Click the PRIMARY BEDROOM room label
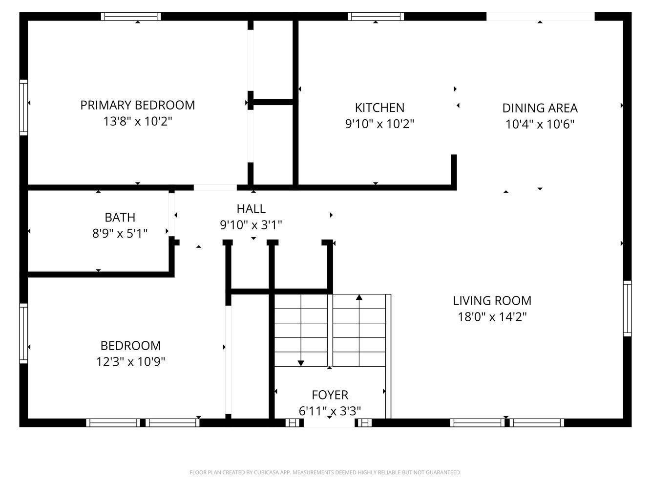[x=137, y=105]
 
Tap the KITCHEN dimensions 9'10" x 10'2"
[x=379, y=124]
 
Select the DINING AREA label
[x=540, y=108]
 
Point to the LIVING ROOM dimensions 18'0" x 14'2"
[x=492, y=317]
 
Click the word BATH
[x=120, y=217]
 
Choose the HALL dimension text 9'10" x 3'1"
[x=251, y=225]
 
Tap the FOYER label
[x=330, y=395]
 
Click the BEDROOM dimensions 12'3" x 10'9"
[x=130, y=362]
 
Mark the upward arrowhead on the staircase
[x=359, y=297]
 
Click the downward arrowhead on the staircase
[x=301, y=363]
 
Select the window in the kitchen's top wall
[x=376, y=16]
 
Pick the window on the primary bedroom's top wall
[x=131, y=16]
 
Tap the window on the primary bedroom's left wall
[x=24, y=108]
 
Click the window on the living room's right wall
[x=627, y=309]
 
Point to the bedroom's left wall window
[x=24, y=333]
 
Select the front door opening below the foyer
[x=329, y=422]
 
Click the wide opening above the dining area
[x=540, y=16]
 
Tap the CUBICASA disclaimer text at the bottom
[x=325, y=472]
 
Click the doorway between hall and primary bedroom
[x=215, y=187]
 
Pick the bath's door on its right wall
[x=172, y=215]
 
